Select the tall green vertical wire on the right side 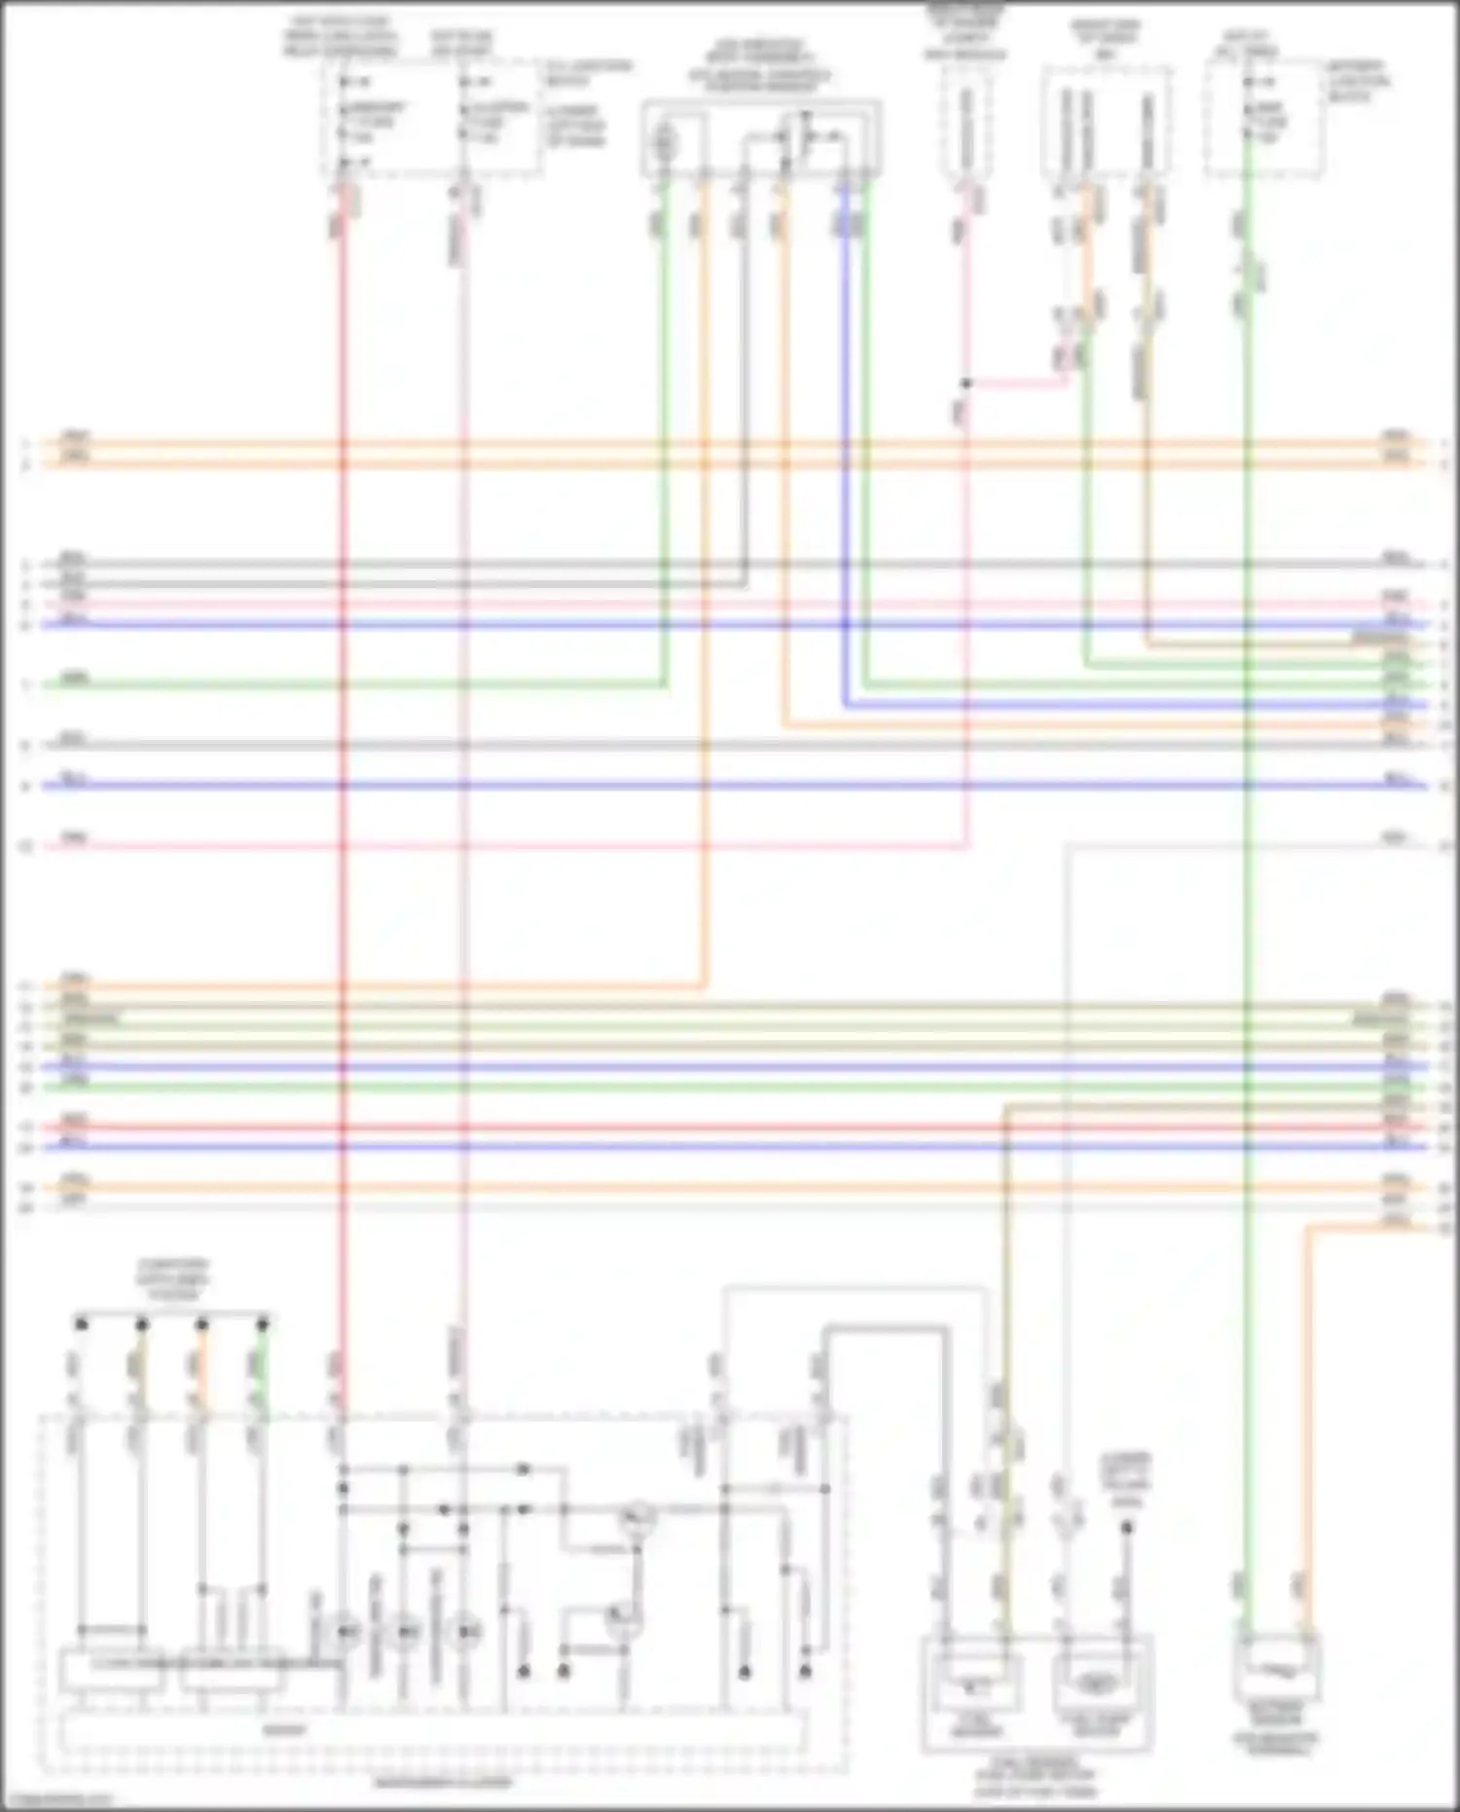coord(1247,876)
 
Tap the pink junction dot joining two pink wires coord(967,384)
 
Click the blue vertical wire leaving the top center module coord(845,438)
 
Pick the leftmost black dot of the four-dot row coord(82,1324)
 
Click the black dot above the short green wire coord(262,1324)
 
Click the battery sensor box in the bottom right coord(1276,1668)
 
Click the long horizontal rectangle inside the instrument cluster coord(433,1730)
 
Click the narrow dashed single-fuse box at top coord(966,125)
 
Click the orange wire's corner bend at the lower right coord(1307,1230)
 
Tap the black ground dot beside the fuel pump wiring coord(1126,1528)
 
